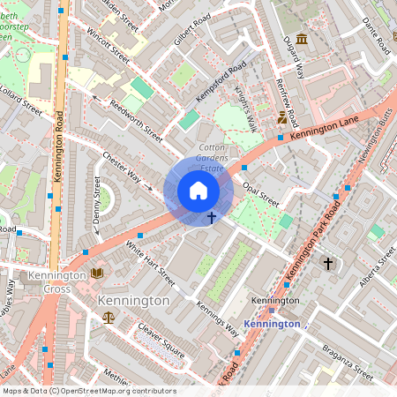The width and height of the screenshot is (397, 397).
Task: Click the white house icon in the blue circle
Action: (198, 191)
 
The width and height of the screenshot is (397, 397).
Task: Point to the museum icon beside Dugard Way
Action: (303, 40)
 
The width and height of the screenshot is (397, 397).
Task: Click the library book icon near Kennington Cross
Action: (97, 273)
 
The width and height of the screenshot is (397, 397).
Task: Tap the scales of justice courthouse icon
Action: (108, 316)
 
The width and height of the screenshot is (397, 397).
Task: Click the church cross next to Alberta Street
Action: (328, 263)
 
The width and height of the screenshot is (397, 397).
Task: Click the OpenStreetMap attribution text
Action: (88, 391)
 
